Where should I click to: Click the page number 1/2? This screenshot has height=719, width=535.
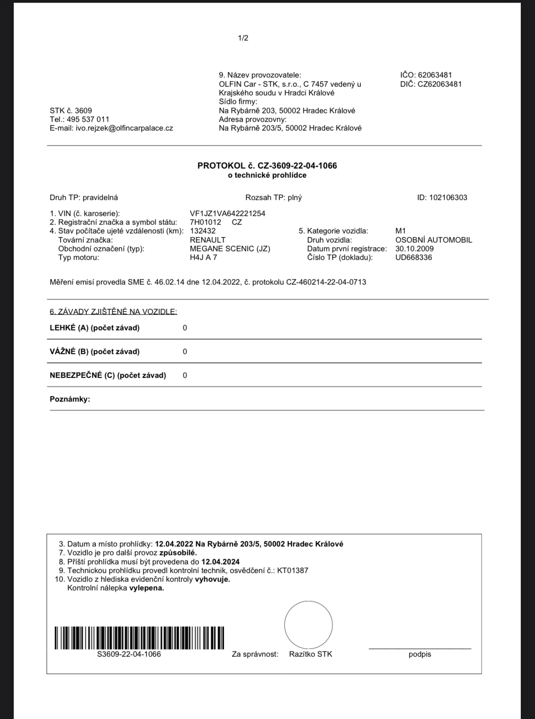click(x=243, y=38)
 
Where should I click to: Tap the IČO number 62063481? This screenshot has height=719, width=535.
click(x=435, y=75)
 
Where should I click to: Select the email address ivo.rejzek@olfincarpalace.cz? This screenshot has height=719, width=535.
click(x=124, y=128)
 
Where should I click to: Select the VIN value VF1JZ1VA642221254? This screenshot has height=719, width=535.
click(x=227, y=213)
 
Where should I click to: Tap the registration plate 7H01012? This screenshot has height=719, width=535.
click(x=205, y=222)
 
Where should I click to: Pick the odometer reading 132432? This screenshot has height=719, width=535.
click(x=203, y=231)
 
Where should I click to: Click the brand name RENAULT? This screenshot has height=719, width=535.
click(x=208, y=240)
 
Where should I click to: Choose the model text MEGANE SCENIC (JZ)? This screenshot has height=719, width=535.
click(x=230, y=249)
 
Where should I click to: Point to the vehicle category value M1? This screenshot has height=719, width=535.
click(x=401, y=231)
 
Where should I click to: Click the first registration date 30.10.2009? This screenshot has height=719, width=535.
click(x=414, y=249)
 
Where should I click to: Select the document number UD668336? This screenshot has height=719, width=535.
click(x=413, y=257)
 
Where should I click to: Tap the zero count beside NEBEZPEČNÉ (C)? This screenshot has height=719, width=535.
click(x=185, y=375)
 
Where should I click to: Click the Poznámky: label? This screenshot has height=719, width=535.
click(x=70, y=399)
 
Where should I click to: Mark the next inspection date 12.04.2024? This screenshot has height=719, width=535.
click(x=220, y=562)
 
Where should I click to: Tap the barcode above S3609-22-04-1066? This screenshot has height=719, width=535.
click(x=139, y=638)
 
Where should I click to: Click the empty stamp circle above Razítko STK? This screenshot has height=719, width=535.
click(x=308, y=625)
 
